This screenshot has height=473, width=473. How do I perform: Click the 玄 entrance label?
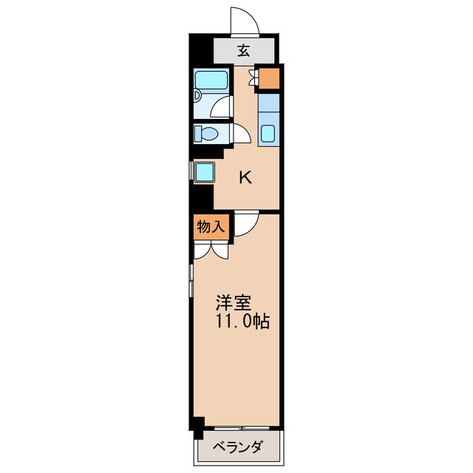pyautogui.click(x=244, y=51)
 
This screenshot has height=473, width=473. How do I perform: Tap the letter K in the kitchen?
pyautogui.click(x=245, y=177)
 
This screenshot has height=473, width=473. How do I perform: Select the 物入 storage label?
pyautogui.click(x=211, y=226)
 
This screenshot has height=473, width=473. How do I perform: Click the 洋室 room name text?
pyautogui.click(x=234, y=302)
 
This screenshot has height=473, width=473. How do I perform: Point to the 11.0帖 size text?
pyautogui.click(x=242, y=321)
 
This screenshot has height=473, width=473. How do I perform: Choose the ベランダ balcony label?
pyautogui.click(x=237, y=447)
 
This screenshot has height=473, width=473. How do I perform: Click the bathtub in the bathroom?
pyautogui.click(x=211, y=80)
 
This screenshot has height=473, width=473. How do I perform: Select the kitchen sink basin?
pyautogui.click(x=268, y=133)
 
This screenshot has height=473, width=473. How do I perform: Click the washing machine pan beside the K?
pyautogui.click(x=205, y=172)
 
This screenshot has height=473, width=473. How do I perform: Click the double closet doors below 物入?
pyautogui.click(x=211, y=251)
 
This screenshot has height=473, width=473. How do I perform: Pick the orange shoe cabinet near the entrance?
pyautogui.click(x=269, y=78)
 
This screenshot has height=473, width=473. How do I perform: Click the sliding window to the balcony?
pyautogui.click(x=242, y=428)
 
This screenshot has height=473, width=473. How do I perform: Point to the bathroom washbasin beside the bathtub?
pyautogui.click(x=197, y=96)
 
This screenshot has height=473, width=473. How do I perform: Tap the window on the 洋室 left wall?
pyautogui.click(x=191, y=281)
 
